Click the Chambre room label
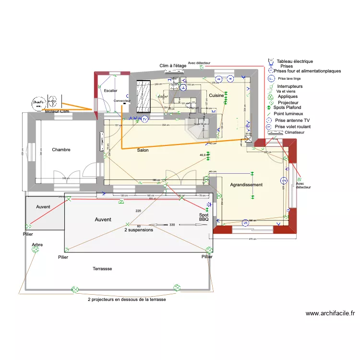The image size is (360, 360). [x=61, y=150]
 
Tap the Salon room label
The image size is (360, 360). [x=143, y=150]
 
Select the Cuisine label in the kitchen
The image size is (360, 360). [x=216, y=96]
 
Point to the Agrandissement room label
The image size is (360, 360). [x=246, y=185]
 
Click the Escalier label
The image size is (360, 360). [x=110, y=91]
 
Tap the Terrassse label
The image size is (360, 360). [x=102, y=269]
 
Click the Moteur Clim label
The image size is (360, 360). [x=58, y=111]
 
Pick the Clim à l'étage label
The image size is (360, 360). [x=173, y=66]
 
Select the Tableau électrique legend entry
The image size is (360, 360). [x=295, y=61]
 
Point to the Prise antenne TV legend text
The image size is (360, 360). [x=292, y=120]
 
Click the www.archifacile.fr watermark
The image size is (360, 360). [x=330, y=313]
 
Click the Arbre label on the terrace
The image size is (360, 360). [x=37, y=245]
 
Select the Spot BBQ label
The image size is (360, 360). [x=204, y=217]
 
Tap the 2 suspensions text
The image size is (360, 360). [x=138, y=230]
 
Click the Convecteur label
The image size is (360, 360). [x=122, y=101]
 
